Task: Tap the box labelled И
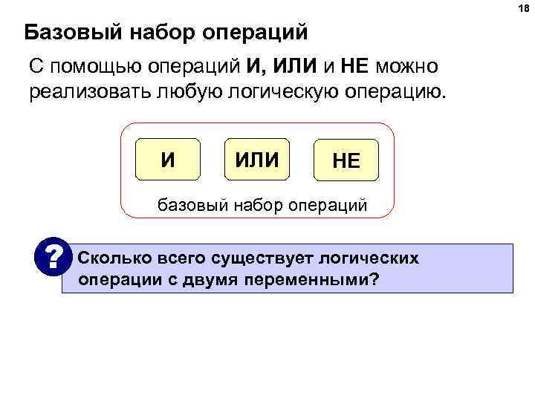tap(169, 159)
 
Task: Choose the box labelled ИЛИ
tap(257, 159)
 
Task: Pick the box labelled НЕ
tap(346, 161)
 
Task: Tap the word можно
tap(407, 68)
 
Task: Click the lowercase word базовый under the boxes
tap(188, 204)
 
